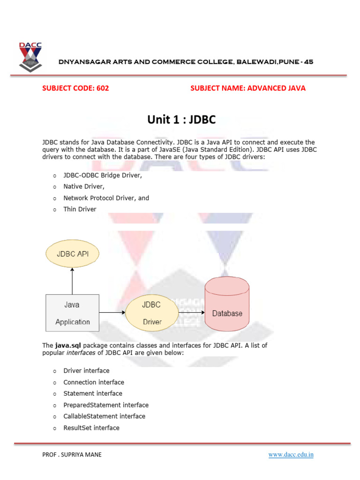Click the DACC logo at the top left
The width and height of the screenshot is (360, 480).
click(30, 58)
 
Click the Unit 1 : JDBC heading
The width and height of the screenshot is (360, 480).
click(181, 120)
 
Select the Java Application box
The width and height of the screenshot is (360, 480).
click(72, 313)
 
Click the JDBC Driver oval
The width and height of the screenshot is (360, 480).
click(151, 313)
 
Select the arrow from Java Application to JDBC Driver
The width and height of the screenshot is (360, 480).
click(112, 313)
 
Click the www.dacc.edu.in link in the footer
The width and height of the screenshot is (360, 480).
click(291, 454)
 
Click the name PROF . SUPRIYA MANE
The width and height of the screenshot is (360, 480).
click(72, 454)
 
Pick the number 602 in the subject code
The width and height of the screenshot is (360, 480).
click(103, 88)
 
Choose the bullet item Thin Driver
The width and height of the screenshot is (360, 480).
click(80, 209)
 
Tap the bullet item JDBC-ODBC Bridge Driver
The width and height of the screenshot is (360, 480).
click(103, 175)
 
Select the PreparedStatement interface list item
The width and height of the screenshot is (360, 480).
click(106, 405)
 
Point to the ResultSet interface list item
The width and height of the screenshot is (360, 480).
click(91, 427)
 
